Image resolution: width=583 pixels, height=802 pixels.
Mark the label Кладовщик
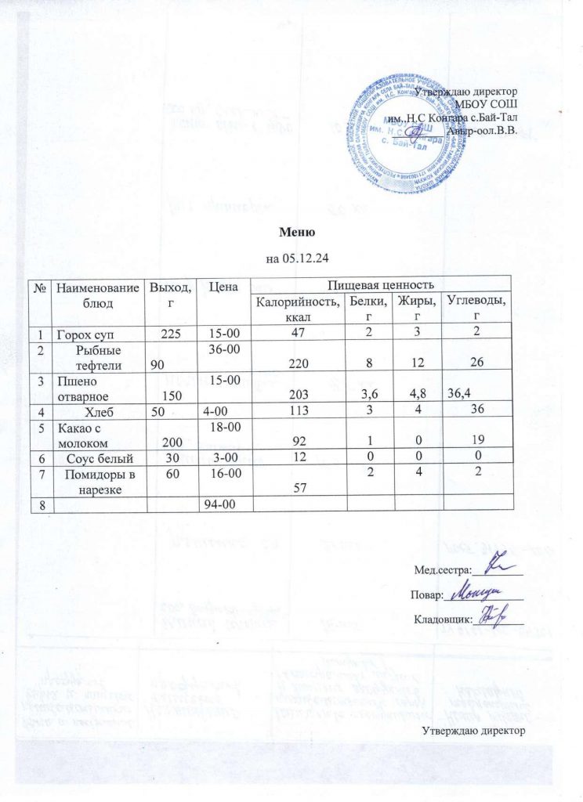pos(442,619)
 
